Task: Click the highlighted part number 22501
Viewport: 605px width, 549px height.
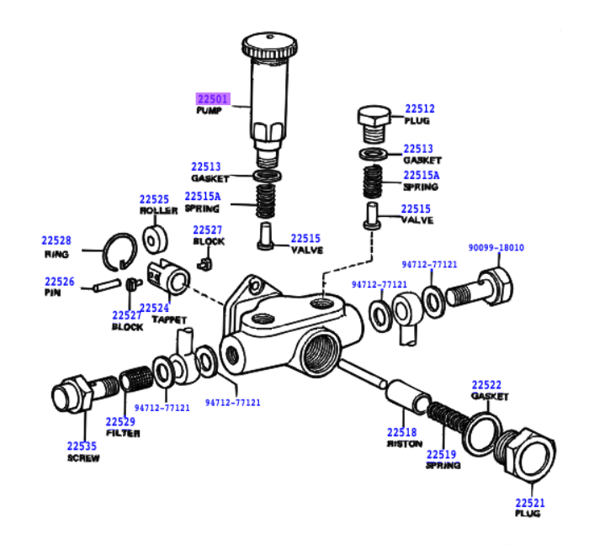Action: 211,98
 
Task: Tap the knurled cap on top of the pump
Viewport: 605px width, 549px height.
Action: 268,45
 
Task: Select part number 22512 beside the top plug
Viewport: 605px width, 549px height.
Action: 419,108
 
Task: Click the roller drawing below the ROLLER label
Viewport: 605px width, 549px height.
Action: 154,242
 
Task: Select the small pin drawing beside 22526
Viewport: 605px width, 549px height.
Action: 107,285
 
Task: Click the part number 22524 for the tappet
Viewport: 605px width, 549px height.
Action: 154,308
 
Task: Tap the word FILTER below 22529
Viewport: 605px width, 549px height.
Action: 123,434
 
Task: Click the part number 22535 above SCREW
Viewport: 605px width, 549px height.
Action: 82,446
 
